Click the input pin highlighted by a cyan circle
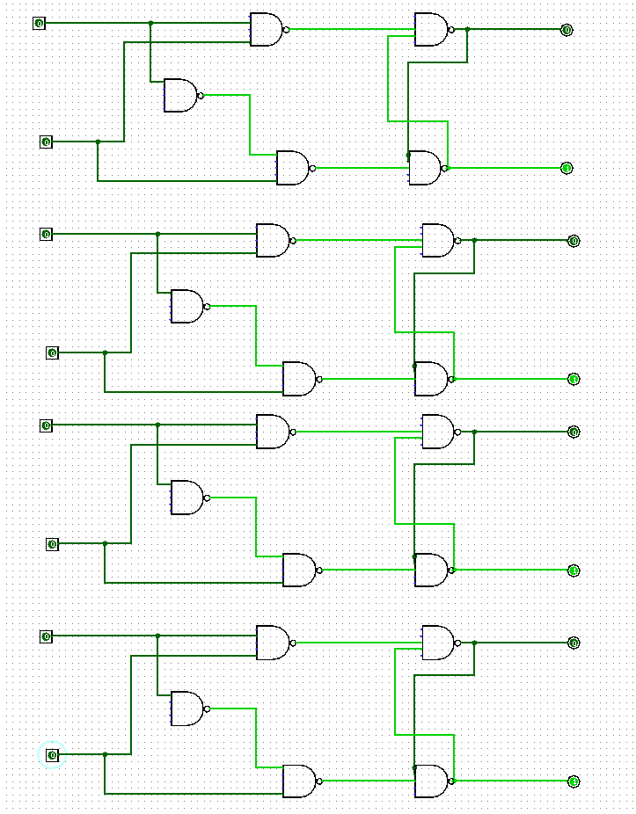point(52,755)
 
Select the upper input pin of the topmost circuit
point(39,23)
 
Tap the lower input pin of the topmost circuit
point(46,142)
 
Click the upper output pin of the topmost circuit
point(567,30)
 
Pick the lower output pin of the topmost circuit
point(567,168)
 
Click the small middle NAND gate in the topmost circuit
point(180,95)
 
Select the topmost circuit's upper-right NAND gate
point(430,30)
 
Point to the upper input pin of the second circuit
point(46,234)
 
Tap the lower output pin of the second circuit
point(574,379)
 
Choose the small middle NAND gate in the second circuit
point(186,306)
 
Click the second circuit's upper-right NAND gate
point(437,240)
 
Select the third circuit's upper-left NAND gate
point(272,432)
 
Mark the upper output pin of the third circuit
point(574,432)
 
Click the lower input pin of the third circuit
point(52,544)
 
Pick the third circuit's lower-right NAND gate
point(430,571)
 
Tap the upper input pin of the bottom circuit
point(46,636)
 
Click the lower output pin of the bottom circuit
point(574,781)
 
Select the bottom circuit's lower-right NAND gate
point(430,781)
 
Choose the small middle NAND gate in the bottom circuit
point(186,709)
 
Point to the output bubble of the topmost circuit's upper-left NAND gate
point(286,30)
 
